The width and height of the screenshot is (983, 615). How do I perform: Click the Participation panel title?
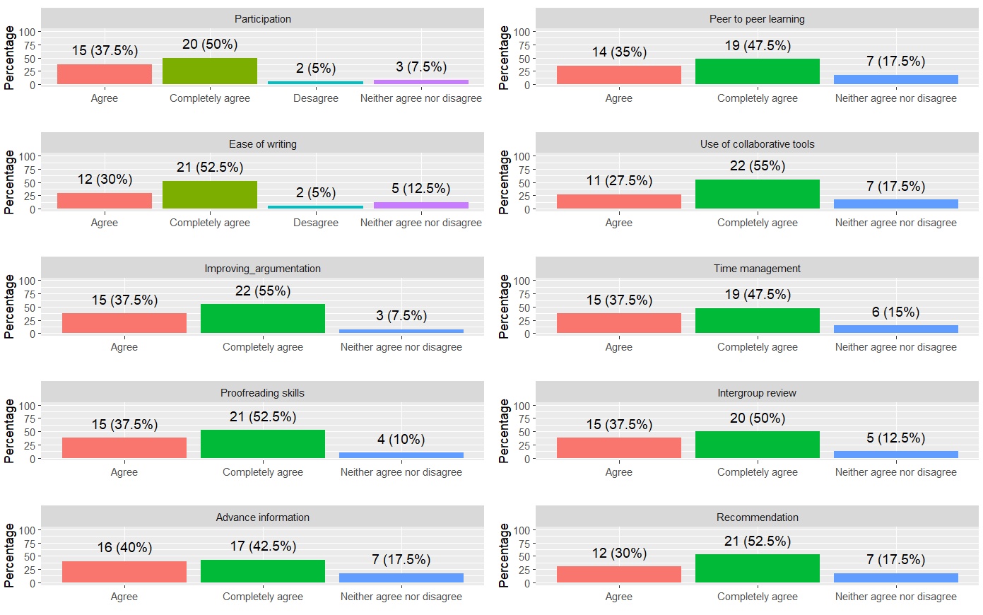262,19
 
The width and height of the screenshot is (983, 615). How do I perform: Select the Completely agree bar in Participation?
210,71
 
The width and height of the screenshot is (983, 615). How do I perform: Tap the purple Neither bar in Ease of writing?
420,205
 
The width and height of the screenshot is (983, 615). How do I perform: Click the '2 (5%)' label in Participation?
316,69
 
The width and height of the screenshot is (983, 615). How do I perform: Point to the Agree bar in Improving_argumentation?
124,323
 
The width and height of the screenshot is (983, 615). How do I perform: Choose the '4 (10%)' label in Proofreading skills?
401,440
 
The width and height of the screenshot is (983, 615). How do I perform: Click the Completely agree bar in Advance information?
262,571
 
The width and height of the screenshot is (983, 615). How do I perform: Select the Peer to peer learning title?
757,19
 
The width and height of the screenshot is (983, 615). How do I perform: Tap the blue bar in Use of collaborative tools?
895,204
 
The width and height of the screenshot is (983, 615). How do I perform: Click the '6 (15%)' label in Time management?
895,312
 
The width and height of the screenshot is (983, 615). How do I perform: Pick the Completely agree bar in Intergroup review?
757,445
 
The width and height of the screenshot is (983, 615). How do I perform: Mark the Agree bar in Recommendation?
619,575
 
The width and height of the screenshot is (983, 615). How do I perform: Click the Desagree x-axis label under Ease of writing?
316,223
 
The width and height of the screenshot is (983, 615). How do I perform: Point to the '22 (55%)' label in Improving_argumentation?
262,291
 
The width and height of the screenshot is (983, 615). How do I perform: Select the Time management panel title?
757,269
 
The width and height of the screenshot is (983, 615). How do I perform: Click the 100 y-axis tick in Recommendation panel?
522,530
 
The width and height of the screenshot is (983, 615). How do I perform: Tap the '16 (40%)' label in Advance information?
124,548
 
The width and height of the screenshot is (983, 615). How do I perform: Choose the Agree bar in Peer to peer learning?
619,75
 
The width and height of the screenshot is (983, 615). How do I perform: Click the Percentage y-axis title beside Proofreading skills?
9,431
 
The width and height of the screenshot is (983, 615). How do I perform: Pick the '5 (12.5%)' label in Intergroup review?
895,438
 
